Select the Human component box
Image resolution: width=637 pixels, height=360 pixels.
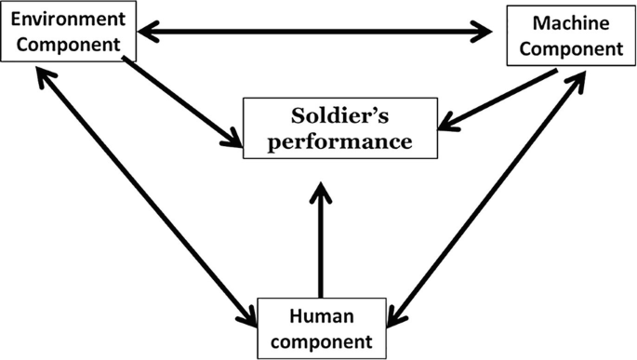coord(319,328)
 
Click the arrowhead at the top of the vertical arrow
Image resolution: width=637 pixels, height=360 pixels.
coord(320,193)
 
